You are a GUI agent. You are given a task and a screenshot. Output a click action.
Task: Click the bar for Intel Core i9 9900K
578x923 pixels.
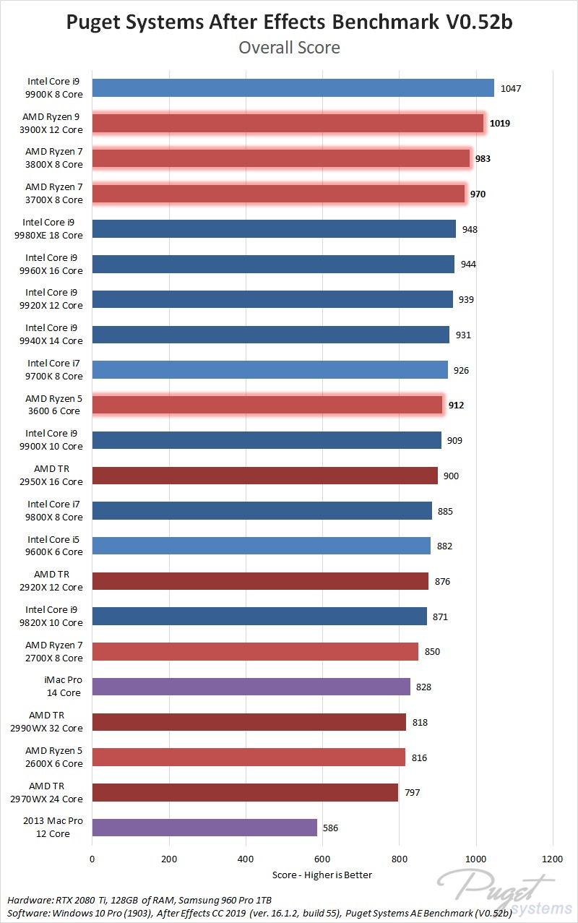[x=293, y=88]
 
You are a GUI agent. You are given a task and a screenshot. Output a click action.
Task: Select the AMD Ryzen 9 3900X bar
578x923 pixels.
[x=288, y=124]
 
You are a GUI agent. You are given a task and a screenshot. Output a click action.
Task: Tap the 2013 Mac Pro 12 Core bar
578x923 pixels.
[x=204, y=828]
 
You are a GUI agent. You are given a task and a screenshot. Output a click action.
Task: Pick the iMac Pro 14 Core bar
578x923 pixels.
[x=251, y=687]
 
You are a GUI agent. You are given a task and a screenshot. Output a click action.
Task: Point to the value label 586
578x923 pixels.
[x=331, y=828]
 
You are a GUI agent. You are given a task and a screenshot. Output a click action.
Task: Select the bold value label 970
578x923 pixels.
[x=478, y=194]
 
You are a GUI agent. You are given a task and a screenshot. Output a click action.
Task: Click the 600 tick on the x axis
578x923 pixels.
[x=322, y=859]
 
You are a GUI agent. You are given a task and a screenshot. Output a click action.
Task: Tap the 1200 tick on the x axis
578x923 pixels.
[x=553, y=859]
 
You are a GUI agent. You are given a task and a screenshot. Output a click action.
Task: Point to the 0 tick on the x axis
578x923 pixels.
[x=92, y=859]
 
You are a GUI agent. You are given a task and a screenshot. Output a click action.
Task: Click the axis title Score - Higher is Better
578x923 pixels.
[x=322, y=875]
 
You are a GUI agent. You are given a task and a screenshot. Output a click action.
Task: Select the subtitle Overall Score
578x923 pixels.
[x=289, y=48]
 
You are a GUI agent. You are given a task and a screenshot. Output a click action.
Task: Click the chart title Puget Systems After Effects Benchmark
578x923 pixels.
[x=289, y=22]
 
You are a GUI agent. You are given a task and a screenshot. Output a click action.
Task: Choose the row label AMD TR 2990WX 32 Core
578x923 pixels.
[x=56, y=721]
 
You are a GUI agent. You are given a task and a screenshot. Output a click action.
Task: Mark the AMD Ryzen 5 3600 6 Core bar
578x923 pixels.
[x=267, y=405]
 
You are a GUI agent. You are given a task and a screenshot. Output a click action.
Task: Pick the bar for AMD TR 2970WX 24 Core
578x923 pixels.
[x=245, y=792]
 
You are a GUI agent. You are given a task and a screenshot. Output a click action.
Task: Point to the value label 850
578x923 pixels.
[x=432, y=651]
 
